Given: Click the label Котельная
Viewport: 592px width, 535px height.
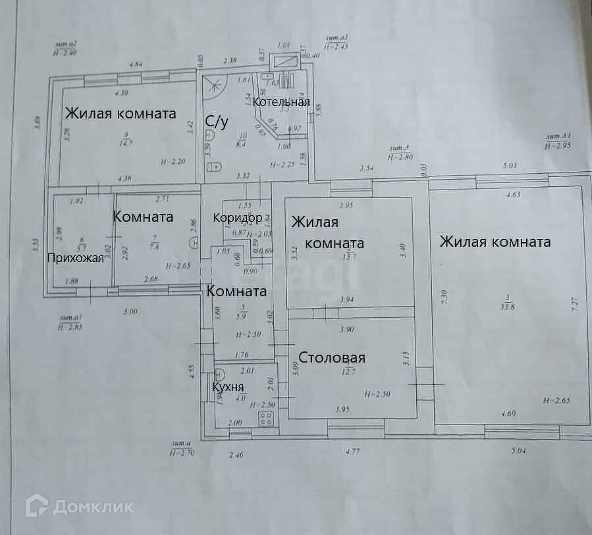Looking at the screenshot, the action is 281,102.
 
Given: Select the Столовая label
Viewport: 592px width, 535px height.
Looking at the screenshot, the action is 332,358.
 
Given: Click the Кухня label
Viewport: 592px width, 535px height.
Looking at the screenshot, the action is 229,387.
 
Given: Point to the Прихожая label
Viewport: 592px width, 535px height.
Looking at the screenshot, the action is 75,258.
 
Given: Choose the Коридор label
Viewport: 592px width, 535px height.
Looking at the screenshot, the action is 238,218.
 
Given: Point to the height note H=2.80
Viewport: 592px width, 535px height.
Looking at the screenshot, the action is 400,157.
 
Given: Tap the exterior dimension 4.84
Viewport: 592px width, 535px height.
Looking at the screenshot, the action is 136,64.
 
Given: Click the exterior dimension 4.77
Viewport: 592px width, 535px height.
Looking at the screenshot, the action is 354,451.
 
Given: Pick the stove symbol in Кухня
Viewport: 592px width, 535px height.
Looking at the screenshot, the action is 267,419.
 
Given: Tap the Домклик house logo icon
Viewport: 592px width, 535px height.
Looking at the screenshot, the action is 37,505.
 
